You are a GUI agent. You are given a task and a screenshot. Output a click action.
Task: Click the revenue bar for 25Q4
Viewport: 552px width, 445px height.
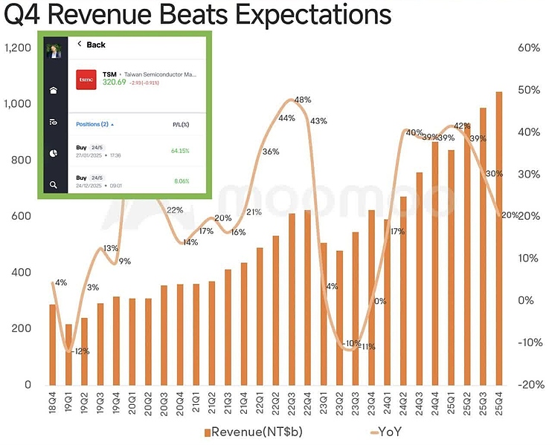[x=498, y=238]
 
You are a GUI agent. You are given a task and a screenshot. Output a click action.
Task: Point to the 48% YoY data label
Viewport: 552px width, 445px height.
[x=303, y=100]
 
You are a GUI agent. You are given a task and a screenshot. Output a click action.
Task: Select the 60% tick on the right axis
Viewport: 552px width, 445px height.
[x=529, y=48]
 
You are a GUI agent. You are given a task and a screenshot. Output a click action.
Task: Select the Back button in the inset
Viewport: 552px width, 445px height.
[x=92, y=45]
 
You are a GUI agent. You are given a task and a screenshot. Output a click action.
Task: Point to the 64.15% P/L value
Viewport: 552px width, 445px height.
[x=179, y=151]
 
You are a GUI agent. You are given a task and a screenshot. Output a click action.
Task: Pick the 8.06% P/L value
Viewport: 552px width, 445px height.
[x=181, y=181]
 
